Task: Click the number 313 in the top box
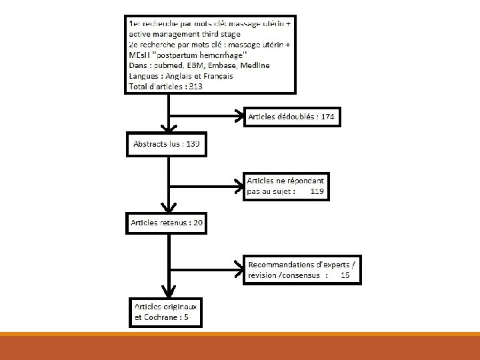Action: tap(196, 86)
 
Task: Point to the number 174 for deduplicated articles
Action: tap(328, 117)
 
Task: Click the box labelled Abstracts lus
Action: tap(167, 144)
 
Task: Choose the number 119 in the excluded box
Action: tap(317, 191)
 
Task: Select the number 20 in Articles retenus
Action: tap(197, 222)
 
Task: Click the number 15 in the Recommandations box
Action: tap(345, 275)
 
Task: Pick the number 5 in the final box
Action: tap(186, 317)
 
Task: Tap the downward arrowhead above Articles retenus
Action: tap(169, 206)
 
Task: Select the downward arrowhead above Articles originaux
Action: tap(169, 291)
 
